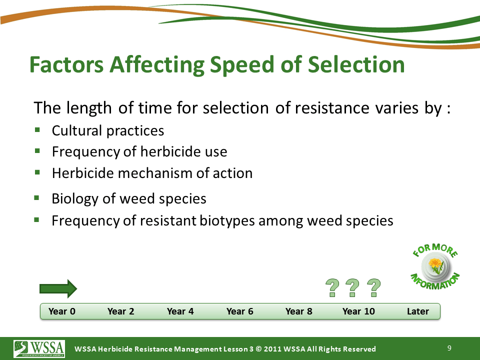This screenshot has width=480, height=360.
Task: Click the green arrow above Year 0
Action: [x=58, y=288]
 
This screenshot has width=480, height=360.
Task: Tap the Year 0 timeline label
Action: [x=62, y=311]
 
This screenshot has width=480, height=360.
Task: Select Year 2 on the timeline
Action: [x=121, y=311]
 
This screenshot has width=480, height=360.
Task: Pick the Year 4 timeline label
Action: [x=180, y=311]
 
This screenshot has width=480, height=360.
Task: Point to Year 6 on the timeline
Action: [x=239, y=311]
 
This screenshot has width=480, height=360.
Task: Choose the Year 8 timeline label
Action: [x=299, y=311]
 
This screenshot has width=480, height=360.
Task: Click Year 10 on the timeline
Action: [x=358, y=311]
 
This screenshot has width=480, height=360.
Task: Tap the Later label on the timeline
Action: [x=418, y=311]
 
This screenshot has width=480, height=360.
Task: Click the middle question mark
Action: [x=352, y=288]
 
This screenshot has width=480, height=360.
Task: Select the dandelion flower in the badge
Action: [x=435, y=265]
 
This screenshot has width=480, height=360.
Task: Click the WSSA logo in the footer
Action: [x=39, y=349]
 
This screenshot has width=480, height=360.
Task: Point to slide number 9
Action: [x=449, y=348]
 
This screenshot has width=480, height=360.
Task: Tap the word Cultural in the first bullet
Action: [x=77, y=130]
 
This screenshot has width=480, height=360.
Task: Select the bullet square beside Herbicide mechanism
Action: [x=37, y=172]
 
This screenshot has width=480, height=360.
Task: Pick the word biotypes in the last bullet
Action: [x=227, y=221]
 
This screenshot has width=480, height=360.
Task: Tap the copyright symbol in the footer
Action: [x=258, y=349]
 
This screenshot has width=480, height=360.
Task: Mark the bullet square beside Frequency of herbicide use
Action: [x=37, y=150]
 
